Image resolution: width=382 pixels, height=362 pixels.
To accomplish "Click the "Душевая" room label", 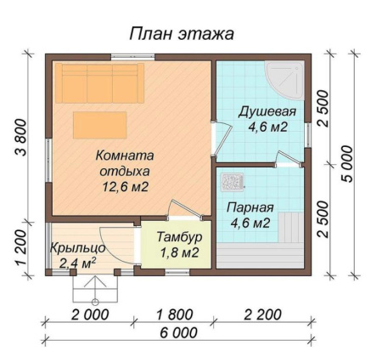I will (x=267, y=112).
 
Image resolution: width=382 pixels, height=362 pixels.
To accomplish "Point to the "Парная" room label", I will (x=250, y=207).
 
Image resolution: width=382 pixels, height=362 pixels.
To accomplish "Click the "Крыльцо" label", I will (x=77, y=246).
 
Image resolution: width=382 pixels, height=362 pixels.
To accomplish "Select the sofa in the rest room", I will (x=99, y=82).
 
